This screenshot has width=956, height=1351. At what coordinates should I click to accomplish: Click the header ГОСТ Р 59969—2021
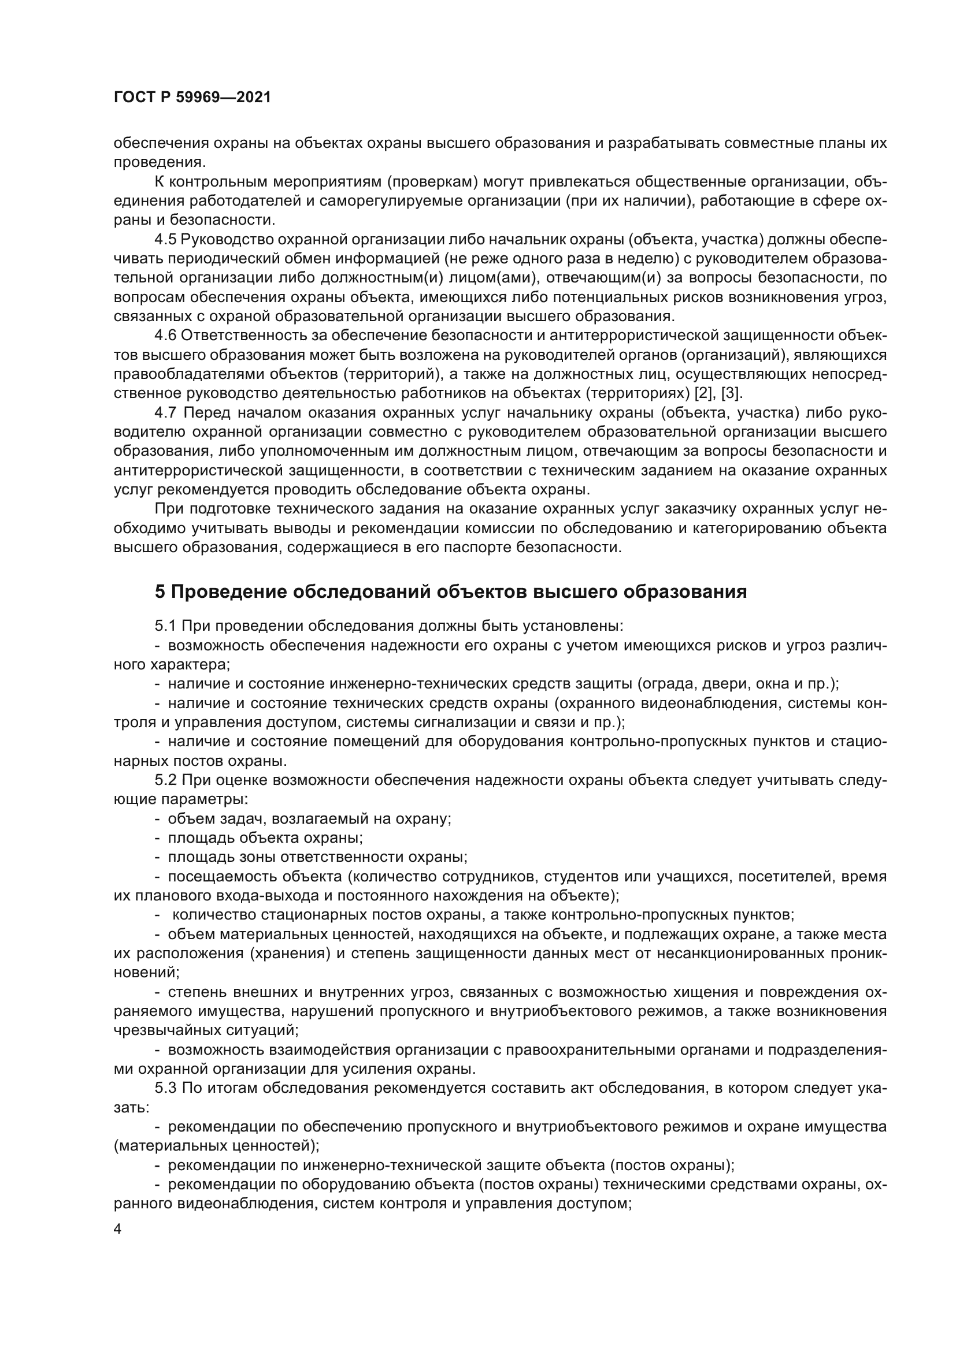(192, 98)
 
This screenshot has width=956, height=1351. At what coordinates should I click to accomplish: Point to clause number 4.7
(166, 412)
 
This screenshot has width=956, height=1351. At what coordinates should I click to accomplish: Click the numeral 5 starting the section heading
(160, 591)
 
